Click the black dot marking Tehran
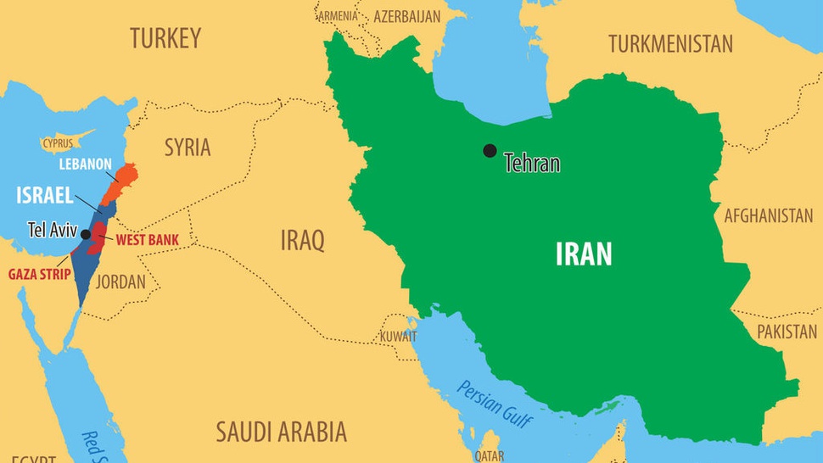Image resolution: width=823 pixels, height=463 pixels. (x=490, y=151)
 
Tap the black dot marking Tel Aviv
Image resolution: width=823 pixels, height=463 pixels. (x=86, y=234)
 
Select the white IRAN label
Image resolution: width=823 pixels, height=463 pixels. (x=584, y=254)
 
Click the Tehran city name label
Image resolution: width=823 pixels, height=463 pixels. (x=532, y=163)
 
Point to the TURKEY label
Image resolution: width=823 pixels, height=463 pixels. (x=165, y=38)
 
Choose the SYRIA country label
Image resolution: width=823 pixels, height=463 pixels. (x=188, y=147)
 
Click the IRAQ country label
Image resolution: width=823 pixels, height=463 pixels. (x=302, y=241)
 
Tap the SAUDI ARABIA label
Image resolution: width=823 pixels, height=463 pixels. (x=281, y=432)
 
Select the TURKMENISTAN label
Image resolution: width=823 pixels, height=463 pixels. (x=670, y=44)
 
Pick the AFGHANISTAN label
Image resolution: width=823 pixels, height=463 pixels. (x=768, y=215)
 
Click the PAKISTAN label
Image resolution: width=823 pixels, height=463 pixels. (x=787, y=331)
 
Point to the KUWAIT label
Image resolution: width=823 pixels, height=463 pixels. (x=399, y=337)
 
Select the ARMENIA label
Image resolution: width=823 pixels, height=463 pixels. (x=339, y=15)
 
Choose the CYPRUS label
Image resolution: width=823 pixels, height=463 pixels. (x=58, y=143)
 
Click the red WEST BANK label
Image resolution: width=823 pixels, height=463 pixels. (x=147, y=240)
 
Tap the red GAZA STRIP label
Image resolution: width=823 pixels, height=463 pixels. (x=39, y=274)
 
